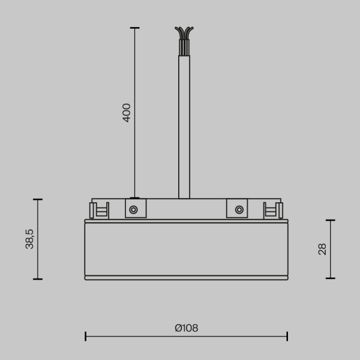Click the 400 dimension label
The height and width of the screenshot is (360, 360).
pos(127,112)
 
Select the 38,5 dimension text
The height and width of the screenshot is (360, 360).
pos(29,239)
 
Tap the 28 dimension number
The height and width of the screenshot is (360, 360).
pos(322,249)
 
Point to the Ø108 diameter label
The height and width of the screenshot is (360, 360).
pos(186,328)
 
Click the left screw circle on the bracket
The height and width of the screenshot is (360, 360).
pos(133,209)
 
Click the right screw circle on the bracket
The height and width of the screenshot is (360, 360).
pos(239,209)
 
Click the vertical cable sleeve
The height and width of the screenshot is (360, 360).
pos(184,126)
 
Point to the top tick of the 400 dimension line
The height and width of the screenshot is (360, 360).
pos(134,28)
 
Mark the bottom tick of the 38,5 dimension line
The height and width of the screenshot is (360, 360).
pos(38,279)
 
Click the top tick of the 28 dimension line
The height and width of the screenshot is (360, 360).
pos(330,220)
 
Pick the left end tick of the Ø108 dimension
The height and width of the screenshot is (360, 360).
pos(85,336)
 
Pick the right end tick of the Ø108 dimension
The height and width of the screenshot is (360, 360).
pos(287,336)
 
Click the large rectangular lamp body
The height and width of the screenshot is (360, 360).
pos(186,249)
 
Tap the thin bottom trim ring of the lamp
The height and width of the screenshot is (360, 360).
pos(186,278)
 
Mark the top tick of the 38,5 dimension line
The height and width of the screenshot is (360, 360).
pos(38,199)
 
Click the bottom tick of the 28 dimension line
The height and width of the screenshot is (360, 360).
pos(330,278)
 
